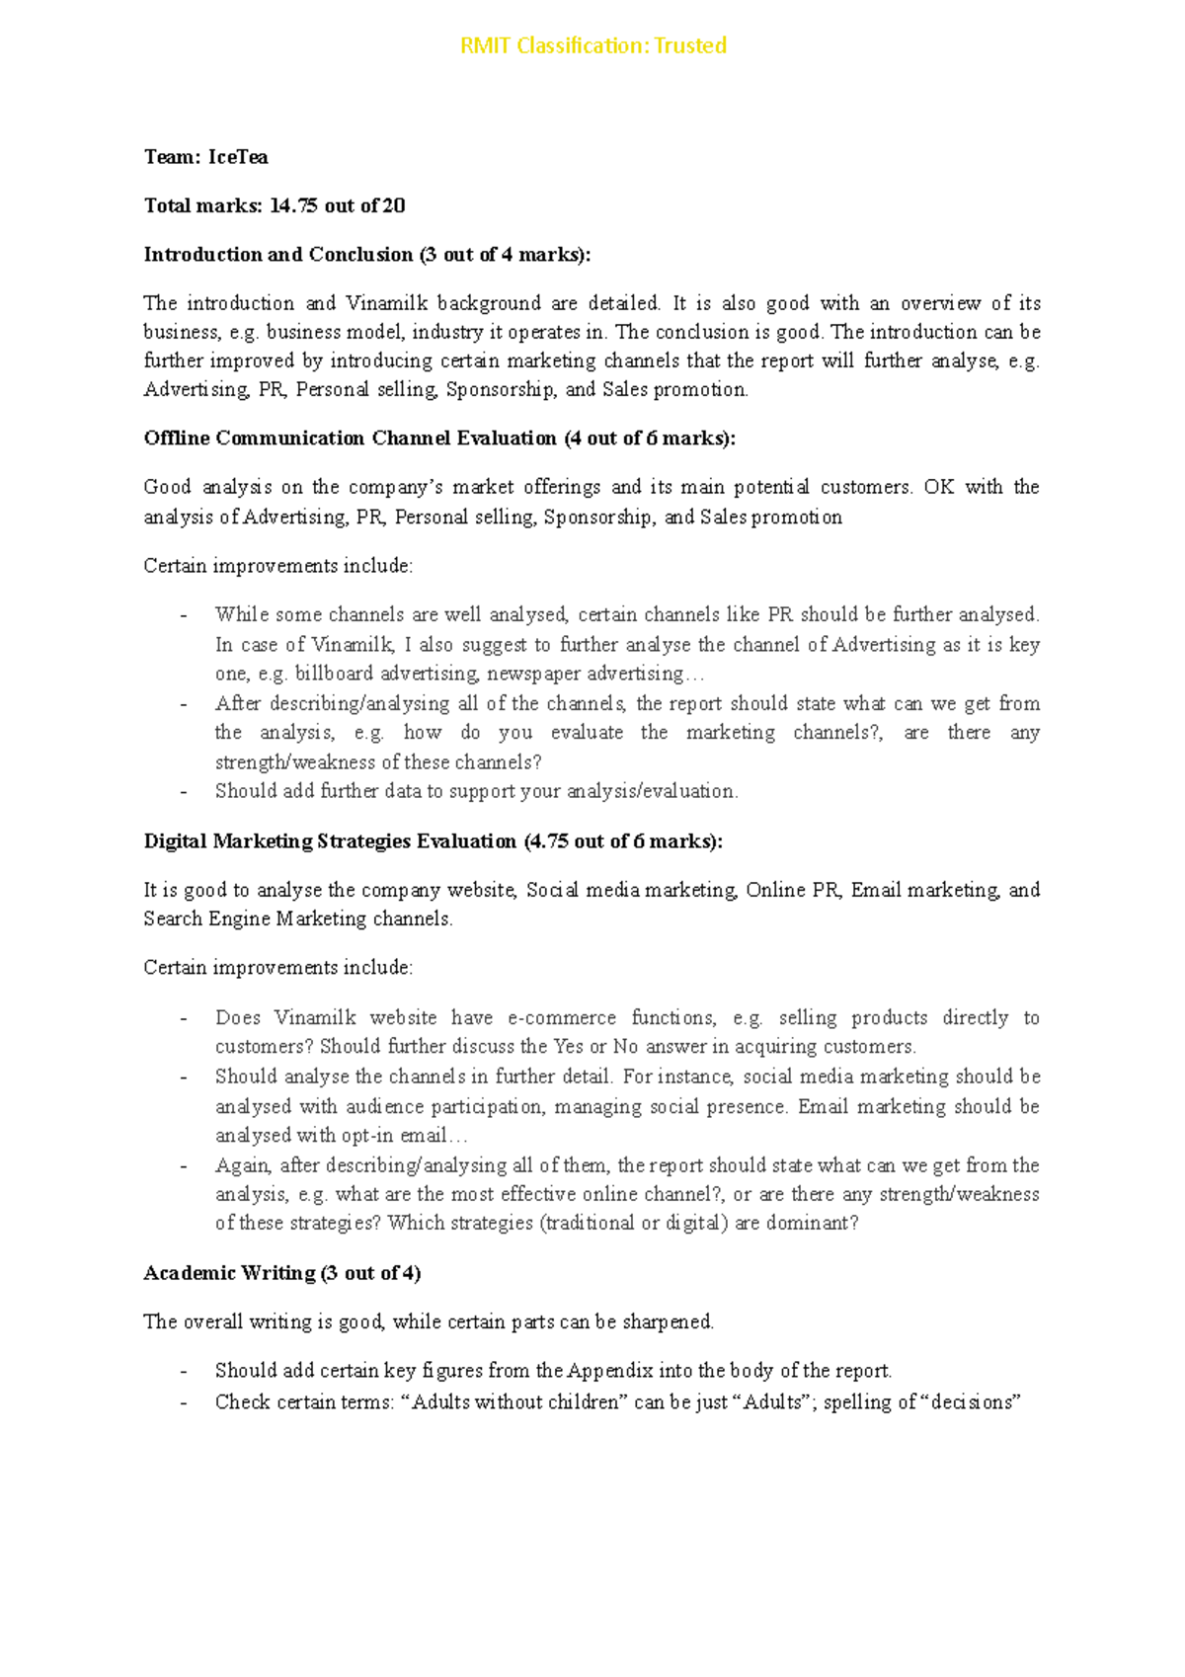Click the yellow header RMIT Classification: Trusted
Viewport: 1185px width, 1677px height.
tap(592, 45)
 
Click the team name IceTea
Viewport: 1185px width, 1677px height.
tap(238, 157)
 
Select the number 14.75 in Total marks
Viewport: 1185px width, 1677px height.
tap(293, 205)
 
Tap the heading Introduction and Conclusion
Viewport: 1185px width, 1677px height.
tap(278, 255)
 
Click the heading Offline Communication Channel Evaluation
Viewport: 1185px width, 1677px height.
tap(351, 439)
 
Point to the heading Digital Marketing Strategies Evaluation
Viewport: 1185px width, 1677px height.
tap(330, 841)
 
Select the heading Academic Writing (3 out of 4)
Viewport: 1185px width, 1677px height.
tap(282, 1273)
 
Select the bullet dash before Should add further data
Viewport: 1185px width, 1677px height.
tap(183, 792)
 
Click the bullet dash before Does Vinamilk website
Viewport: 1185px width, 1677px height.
tap(183, 1018)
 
